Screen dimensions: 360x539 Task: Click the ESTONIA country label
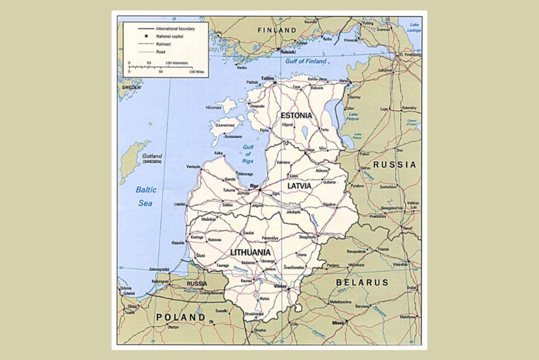[296, 116]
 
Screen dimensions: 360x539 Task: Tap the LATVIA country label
[302, 185]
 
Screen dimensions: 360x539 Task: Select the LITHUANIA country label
[251, 252]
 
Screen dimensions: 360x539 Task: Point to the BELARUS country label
[361, 283]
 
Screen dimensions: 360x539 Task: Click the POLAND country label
[180, 317]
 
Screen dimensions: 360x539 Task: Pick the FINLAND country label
[277, 30]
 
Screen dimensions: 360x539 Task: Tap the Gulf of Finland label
[306, 61]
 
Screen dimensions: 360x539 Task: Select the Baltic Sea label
[146, 196]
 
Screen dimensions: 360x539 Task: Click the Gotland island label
[152, 157]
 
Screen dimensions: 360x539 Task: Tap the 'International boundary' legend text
[175, 28]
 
